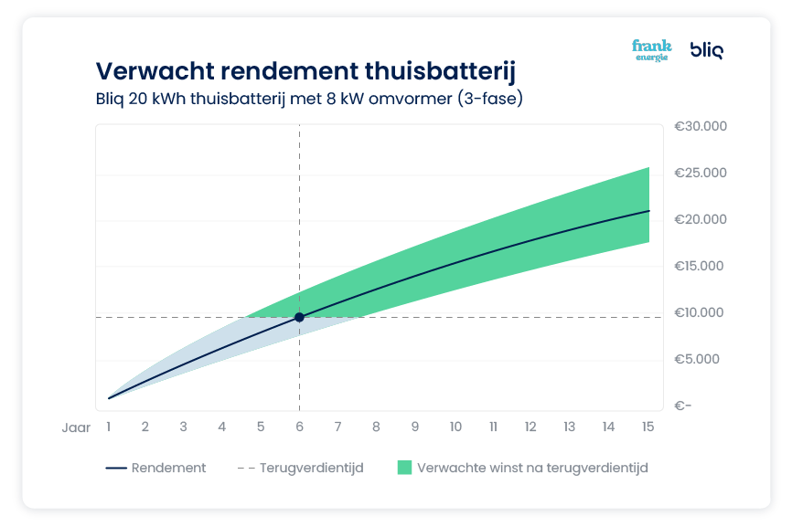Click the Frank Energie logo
tap(651, 50)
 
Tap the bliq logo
tap(706, 50)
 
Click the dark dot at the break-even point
tap(299, 317)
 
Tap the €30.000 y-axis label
tap(700, 126)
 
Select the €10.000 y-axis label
tap(700, 312)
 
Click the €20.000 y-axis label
tap(700, 219)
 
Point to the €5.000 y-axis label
tap(698, 359)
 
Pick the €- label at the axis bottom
tap(682, 406)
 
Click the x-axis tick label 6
tap(299, 427)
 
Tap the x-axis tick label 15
tap(647, 427)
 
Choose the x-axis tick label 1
tap(108, 427)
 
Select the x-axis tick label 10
tap(455, 427)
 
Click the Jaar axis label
tap(76, 427)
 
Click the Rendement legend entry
tap(168, 468)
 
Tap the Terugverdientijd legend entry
tap(311, 468)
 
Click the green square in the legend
tap(404, 468)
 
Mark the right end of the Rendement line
tap(648, 211)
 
